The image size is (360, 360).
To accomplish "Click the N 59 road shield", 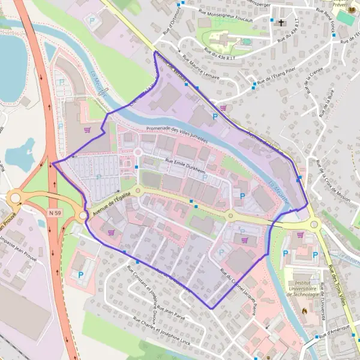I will [56, 213].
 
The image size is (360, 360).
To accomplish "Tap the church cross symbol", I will [281, 23].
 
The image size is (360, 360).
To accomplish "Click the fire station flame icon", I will [305, 312].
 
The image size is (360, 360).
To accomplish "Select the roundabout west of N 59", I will [15, 199].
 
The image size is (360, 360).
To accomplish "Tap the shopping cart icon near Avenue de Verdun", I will [223, 108].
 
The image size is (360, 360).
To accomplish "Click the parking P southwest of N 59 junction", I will [81, 275].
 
